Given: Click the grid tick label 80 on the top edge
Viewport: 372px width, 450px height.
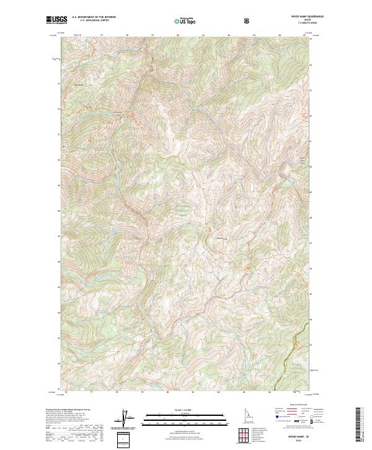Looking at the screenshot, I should [x=179, y=35].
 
